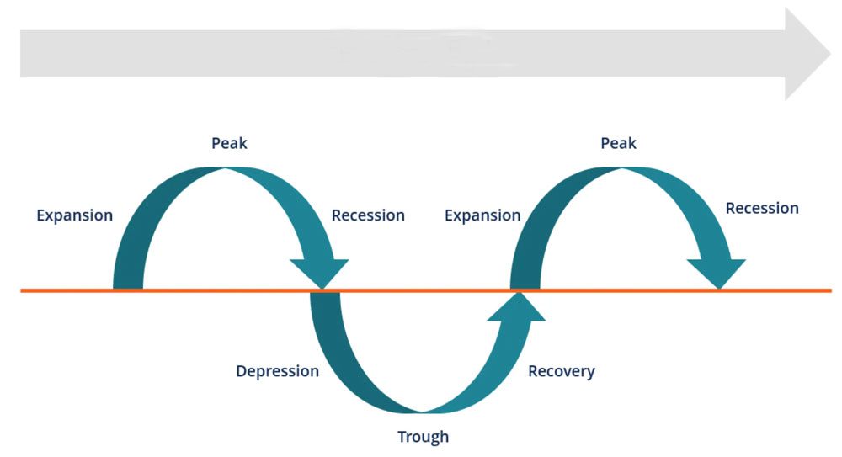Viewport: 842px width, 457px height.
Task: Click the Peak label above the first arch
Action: click(x=229, y=144)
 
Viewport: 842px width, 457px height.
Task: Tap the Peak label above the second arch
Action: click(x=618, y=144)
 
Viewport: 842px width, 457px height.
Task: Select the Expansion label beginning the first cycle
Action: click(x=74, y=215)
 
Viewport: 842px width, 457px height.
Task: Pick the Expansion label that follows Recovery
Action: click(x=482, y=215)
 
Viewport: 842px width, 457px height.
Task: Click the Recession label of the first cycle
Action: click(x=368, y=215)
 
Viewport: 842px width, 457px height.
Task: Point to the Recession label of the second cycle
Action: click(x=762, y=208)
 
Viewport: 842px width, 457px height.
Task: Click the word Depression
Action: click(x=277, y=371)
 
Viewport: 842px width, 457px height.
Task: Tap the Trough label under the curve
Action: click(x=424, y=437)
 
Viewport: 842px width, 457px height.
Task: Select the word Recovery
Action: click(x=562, y=371)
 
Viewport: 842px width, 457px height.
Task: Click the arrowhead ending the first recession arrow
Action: click(x=319, y=274)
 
